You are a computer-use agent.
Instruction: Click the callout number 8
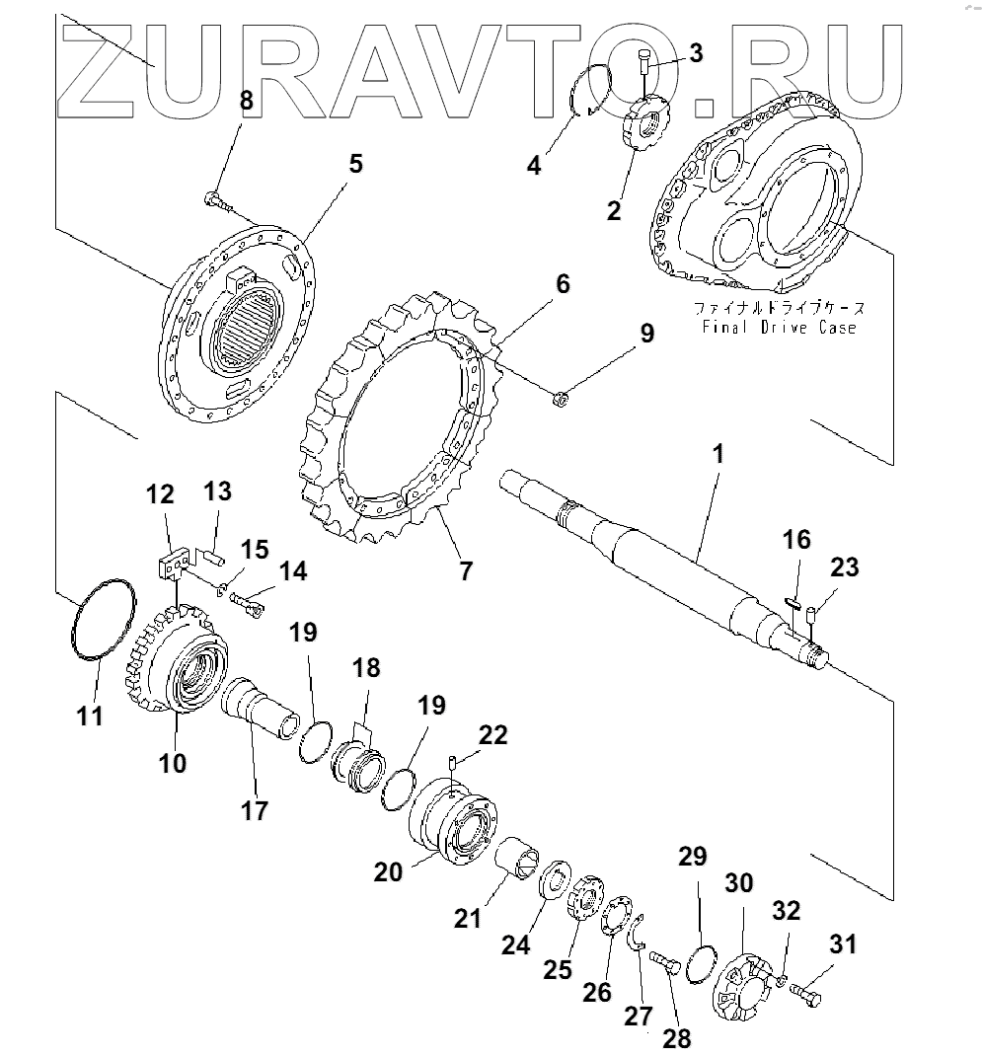click(x=246, y=99)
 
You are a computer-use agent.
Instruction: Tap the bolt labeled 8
click(x=219, y=202)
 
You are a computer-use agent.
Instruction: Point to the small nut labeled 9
click(x=558, y=398)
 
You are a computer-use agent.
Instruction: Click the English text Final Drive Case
click(x=779, y=327)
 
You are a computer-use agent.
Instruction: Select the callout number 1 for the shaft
click(x=718, y=455)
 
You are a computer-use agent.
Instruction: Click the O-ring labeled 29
click(x=703, y=962)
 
